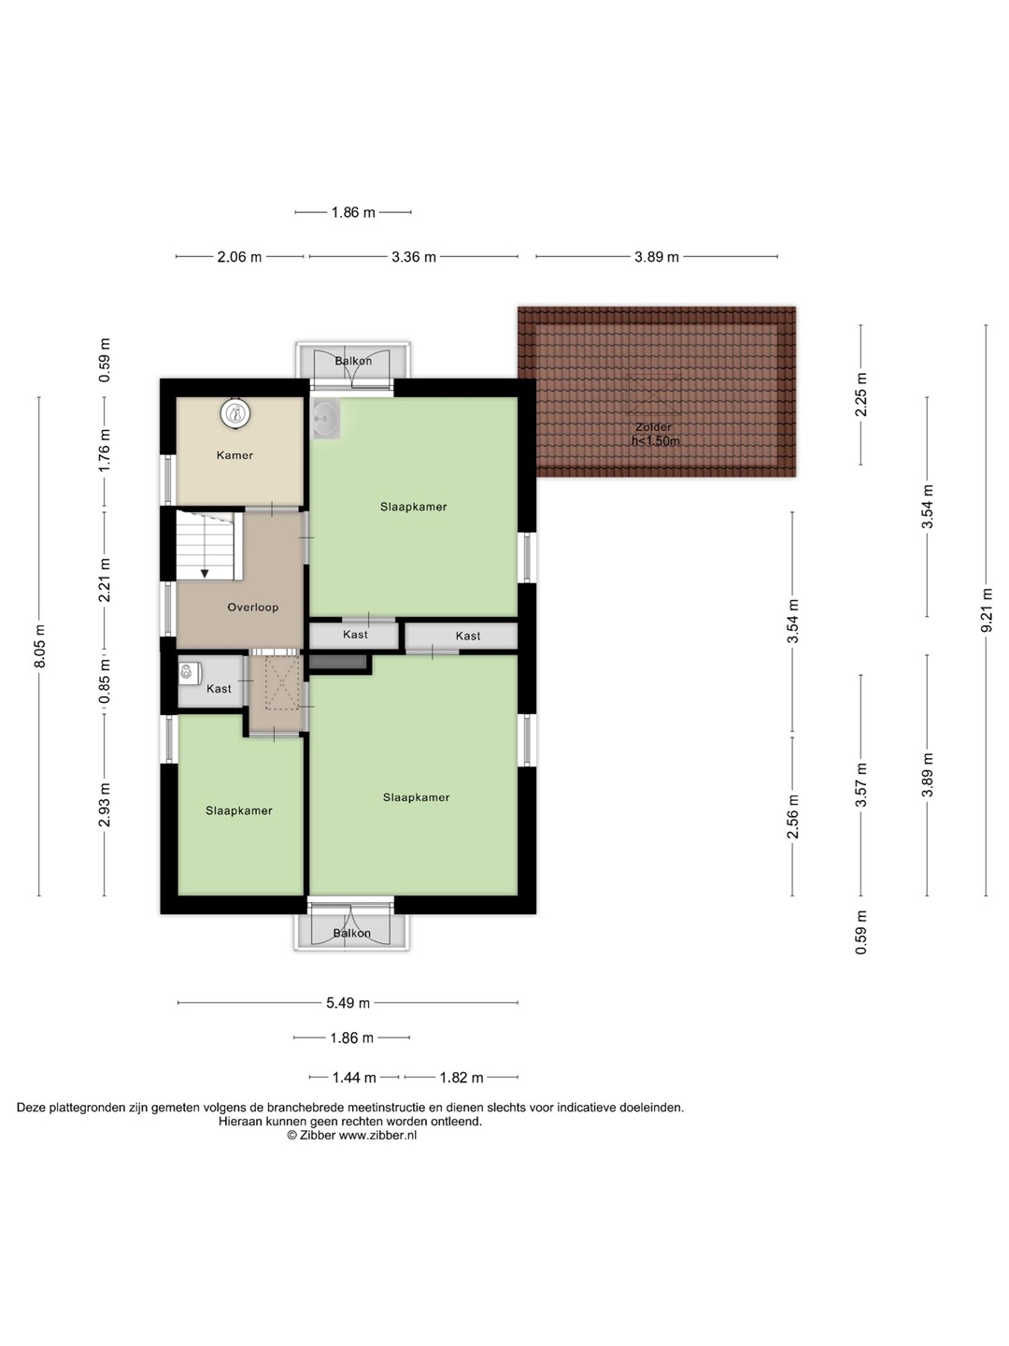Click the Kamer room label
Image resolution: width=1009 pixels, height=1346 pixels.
coord(234,455)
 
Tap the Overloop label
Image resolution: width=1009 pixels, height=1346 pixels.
coord(253,607)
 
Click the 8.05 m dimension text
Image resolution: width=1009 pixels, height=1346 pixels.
coord(39,646)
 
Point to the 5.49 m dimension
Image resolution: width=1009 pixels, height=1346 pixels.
coord(348,1003)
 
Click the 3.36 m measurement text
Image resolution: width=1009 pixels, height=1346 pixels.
coord(414,257)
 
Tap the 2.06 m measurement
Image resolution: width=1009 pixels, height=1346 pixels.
coord(239,257)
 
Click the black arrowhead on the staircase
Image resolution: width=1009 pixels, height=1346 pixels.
coord(205,573)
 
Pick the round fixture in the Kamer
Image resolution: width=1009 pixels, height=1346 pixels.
coord(235,413)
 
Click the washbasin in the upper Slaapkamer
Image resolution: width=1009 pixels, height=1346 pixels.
coord(325,418)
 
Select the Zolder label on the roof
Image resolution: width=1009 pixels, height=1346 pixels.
coord(654,427)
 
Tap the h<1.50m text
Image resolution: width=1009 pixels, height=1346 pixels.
coord(656,441)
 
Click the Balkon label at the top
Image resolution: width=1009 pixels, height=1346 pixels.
coord(353,361)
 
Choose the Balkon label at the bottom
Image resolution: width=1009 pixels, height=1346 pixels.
coord(351,933)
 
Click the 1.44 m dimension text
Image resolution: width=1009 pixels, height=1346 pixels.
coord(354,1078)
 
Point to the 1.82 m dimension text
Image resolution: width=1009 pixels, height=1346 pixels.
coord(462,1078)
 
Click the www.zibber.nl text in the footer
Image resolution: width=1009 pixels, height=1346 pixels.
coord(377,1135)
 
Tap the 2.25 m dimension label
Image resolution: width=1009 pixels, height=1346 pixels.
coord(860,394)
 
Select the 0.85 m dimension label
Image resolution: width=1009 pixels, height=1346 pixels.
coord(105,681)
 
